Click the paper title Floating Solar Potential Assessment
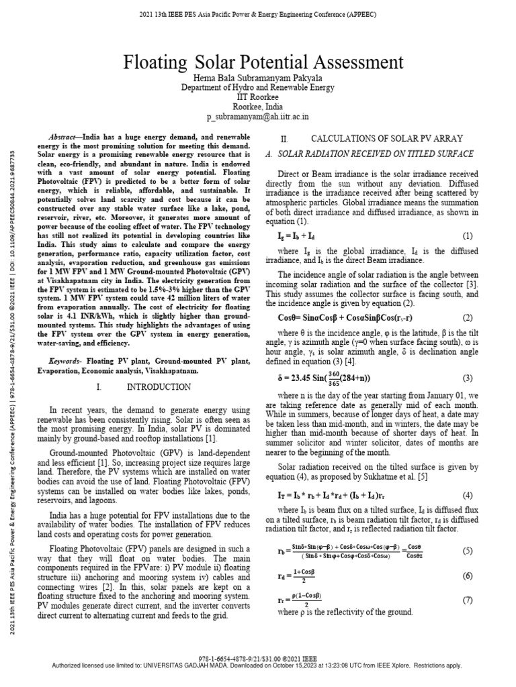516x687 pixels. coord(258,64)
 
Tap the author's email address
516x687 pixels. coord(258,117)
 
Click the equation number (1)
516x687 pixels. coord(468,236)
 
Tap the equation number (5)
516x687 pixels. coord(468,551)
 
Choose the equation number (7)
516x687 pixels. coord(468,600)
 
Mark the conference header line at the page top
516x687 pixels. coord(258,15)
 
